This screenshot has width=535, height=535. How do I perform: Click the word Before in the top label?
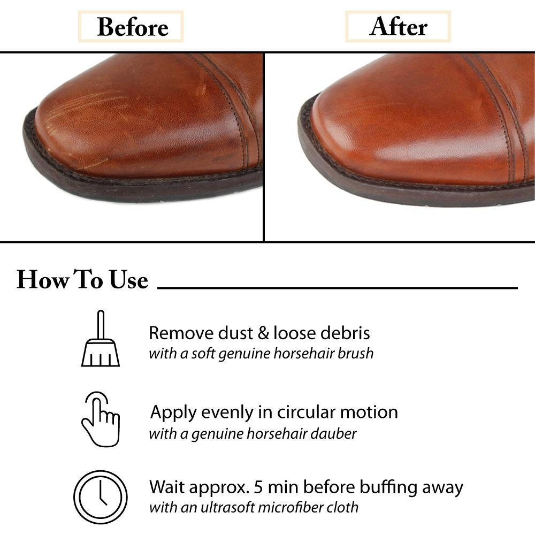[x=133, y=27]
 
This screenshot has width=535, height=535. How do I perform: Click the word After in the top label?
[x=398, y=27]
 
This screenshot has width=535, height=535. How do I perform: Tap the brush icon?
[x=101, y=339]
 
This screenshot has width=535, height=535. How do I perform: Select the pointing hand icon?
[x=101, y=419]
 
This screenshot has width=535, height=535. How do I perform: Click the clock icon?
[x=101, y=497]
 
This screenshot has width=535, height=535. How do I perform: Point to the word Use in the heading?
[x=128, y=280]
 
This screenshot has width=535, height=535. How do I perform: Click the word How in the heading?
[x=43, y=280]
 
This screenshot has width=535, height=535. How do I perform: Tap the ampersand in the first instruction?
[x=263, y=333]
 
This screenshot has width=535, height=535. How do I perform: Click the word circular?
[x=307, y=412]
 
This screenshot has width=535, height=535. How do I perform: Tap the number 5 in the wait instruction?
[x=258, y=487]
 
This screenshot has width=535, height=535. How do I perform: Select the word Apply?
[x=174, y=413]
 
